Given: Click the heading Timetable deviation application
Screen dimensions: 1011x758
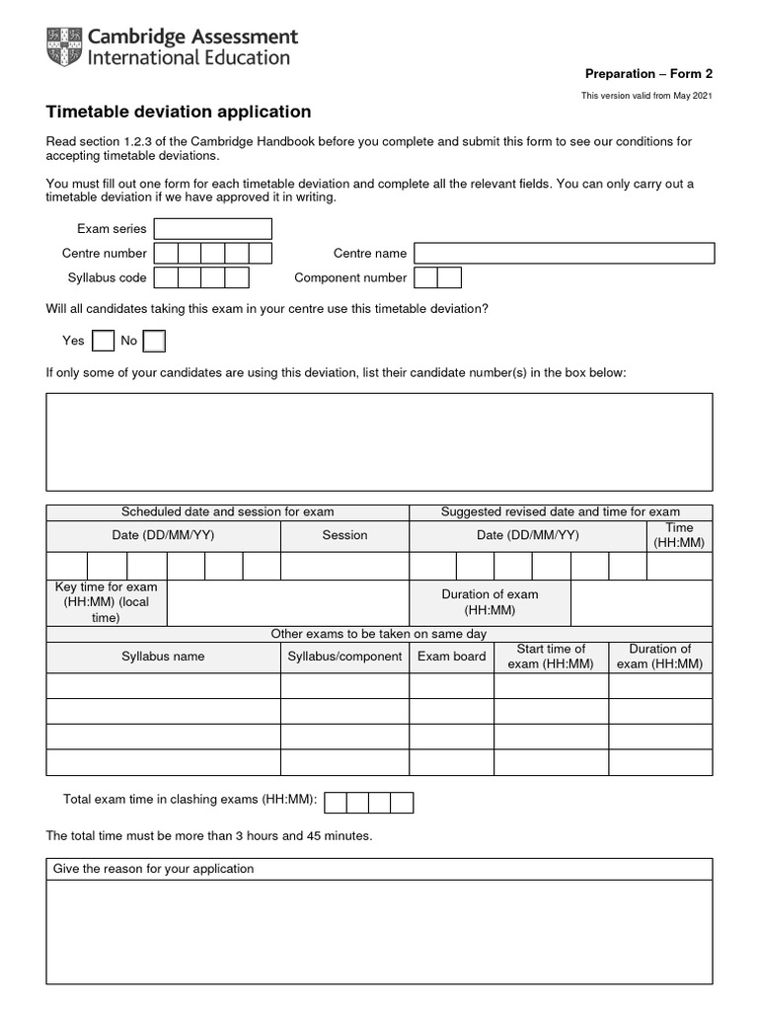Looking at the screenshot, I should (x=179, y=113).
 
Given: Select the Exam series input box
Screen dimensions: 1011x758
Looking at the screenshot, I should (x=212, y=229).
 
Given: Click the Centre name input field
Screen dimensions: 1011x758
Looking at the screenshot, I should (x=564, y=254).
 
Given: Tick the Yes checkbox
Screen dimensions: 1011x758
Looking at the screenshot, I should (x=103, y=341).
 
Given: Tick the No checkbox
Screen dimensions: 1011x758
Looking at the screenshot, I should (x=154, y=341).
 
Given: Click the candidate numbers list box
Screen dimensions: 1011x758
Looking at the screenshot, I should (x=379, y=441).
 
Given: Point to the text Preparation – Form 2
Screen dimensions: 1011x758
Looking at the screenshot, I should (x=648, y=74).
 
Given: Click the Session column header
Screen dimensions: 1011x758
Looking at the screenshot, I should (x=344, y=535).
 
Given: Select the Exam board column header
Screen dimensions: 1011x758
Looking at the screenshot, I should (x=451, y=657).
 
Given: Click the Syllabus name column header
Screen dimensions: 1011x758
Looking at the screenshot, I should (x=163, y=657).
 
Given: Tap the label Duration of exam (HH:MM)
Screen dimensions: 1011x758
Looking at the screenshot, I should (x=490, y=602).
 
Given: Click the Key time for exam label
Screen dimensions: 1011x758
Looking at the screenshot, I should (x=106, y=602).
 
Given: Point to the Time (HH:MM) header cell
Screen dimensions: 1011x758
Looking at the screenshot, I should (x=679, y=535).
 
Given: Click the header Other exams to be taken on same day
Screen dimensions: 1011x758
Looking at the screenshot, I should (x=379, y=634).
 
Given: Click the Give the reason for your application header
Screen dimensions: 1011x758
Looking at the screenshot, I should (x=153, y=869).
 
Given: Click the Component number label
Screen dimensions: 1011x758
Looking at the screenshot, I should (x=350, y=278).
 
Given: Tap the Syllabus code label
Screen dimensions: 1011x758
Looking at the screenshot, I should (x=107, y=278).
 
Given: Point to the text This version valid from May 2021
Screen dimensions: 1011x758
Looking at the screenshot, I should (x=646, y=96).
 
